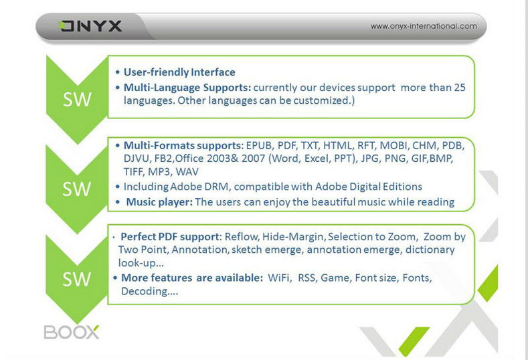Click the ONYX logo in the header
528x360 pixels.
click(90, 26)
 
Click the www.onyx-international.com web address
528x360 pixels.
click(424, 26)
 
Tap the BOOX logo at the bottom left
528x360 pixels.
click(72, 332)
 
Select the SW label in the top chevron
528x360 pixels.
click(77, 99)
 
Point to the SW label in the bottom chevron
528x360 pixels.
click(77, 279)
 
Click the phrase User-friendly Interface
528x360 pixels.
click(179, 72)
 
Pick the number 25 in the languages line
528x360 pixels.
click(460, 88)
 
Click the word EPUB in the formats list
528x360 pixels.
click(258, 145)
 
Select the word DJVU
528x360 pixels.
click(136, 159)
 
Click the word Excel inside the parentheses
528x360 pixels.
click(316, 159)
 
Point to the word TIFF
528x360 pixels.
click(134, 172)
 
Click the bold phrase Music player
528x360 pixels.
click(159, 202)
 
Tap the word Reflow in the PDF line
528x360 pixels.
click(242, 237)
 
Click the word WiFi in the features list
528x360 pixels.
click(279, 278)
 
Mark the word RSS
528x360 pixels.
click(306, 278)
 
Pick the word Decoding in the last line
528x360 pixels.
click(144, 291)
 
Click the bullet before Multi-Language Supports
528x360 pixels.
click(118, 88)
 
